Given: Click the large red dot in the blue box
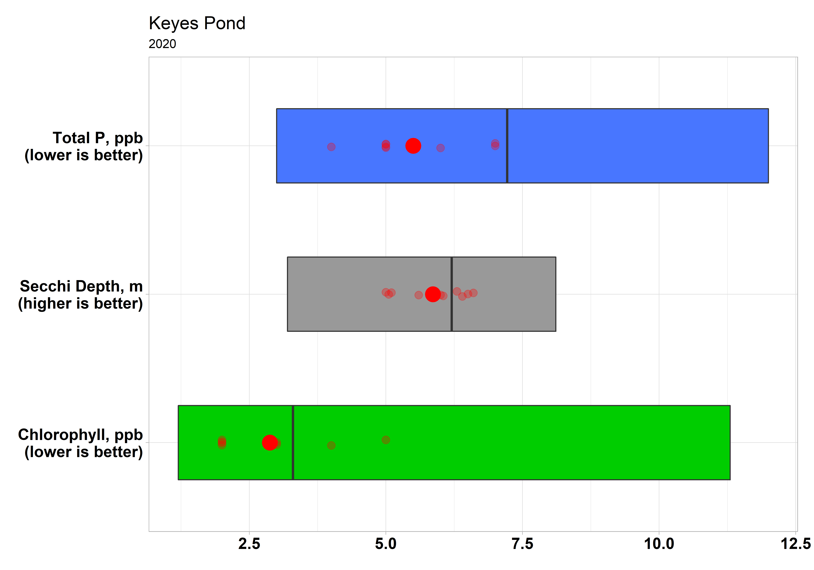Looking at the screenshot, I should [413, 146].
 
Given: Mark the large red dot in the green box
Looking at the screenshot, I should [270, 443].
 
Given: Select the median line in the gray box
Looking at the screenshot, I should [452, 294].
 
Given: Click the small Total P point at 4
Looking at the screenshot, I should [331, 147].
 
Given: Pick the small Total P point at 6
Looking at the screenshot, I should [440, 148].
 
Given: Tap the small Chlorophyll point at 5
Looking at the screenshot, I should [386, 440].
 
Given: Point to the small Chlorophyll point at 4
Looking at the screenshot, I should [331, 446].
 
